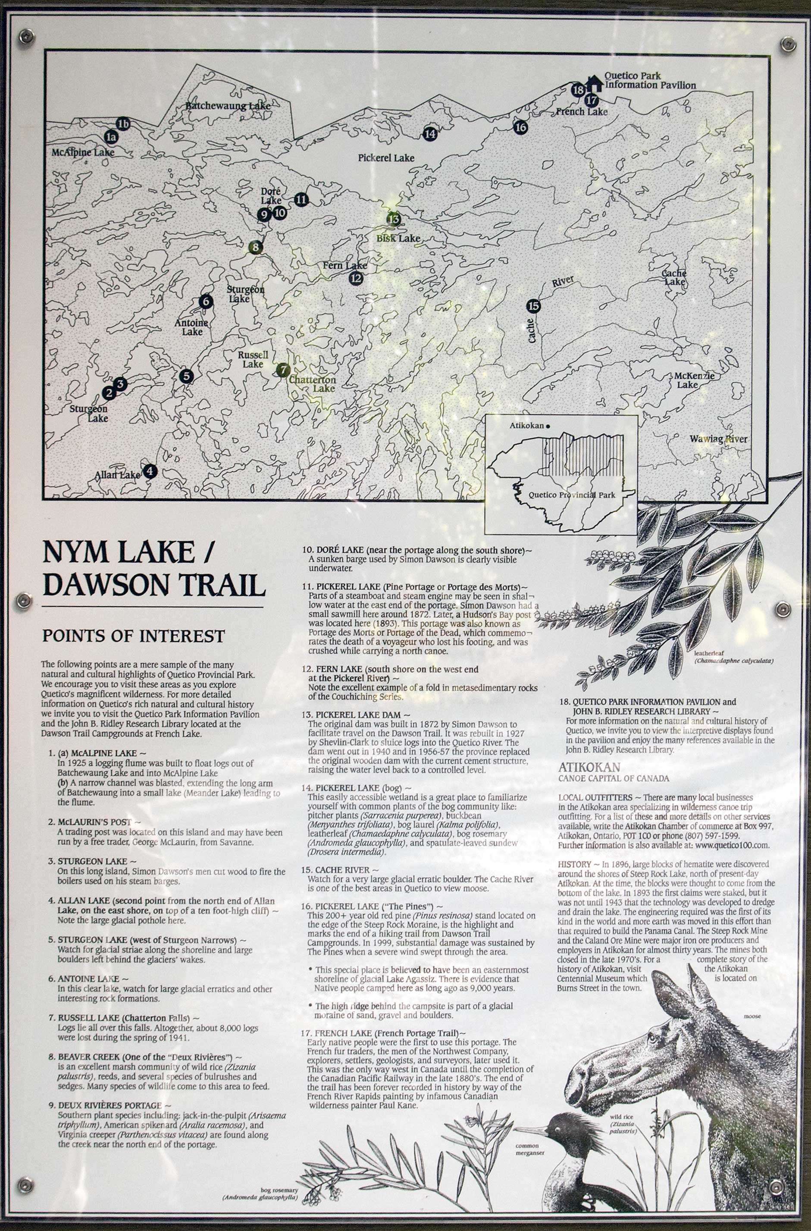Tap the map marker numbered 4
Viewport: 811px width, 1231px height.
tap(150, 471)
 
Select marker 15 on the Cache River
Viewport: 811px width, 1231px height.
tap(533, 306)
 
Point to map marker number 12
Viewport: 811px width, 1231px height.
tap(356, 278)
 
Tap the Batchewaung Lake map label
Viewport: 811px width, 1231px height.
tap(228, 106)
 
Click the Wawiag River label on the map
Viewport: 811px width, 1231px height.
tap(718, 439)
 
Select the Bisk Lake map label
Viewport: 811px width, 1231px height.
tap(398, 239)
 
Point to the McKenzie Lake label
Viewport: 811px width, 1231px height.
tap(694, 380)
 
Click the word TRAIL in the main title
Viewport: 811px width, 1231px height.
tap(222, 585)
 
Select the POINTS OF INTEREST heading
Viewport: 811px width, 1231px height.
tap(134, 636)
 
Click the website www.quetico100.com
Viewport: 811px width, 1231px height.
tap(732, 845)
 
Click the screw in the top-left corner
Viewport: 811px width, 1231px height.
tap(26, 36)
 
